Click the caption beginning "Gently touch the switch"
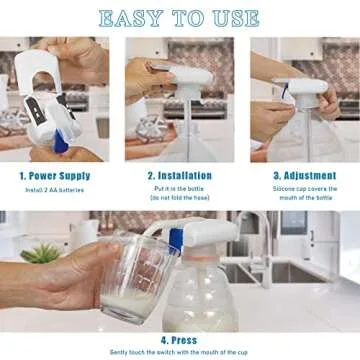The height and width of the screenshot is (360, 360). [x=179, y=349]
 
